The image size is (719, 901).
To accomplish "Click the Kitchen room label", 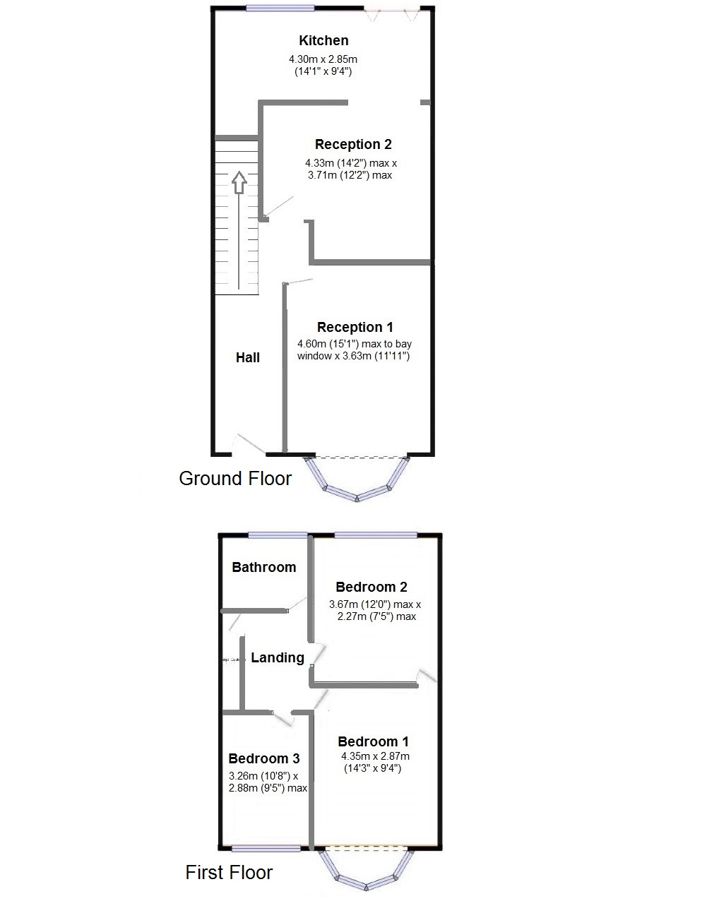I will pos(323,41).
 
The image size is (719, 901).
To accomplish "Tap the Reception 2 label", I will pos(353,145).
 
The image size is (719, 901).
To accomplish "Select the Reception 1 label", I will pos(355,328).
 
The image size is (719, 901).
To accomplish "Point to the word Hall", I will pos(248,358).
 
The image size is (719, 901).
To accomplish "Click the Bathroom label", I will pos(264,568).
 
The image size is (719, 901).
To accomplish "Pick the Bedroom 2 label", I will pos(372,587).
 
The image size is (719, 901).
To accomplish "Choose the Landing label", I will pos(278,658).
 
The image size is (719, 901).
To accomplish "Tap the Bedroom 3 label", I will pos(264,759).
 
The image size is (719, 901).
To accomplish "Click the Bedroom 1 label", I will pos(373,742).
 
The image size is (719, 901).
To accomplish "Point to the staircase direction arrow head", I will pos(239,181).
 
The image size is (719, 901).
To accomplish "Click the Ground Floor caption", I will pos(235,479).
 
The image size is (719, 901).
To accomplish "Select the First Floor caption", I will pos(229,873).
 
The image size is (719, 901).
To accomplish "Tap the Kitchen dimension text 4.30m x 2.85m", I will pos(323,59).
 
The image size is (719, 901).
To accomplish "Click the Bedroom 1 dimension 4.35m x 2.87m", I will pos(374,756).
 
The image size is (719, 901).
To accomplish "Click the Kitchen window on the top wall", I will pos(280,8).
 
